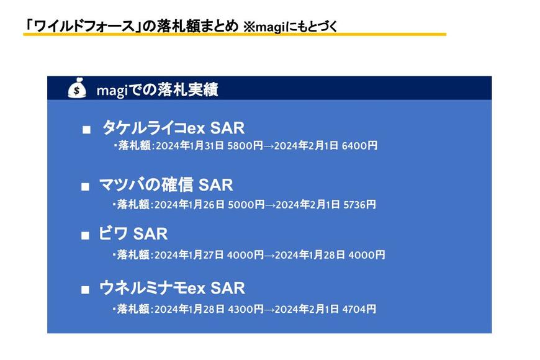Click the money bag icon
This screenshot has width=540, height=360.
[x=76, y=88]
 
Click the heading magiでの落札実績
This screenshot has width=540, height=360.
[x=158, y=90]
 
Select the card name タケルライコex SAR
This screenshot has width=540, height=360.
[x=174, y=128]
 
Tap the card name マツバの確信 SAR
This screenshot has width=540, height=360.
[x=166, y=184]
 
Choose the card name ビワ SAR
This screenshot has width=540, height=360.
[x=133, y=233]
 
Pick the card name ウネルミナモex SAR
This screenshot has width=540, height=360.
[x=172, y=287]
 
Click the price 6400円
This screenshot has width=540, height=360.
[x=359, y=146]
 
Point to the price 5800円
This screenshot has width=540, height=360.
[x=245, y=146]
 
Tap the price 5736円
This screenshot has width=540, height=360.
[x=359, y=205]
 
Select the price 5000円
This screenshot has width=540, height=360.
[x=246, y=205]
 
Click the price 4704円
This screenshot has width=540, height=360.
[x=359, y=309]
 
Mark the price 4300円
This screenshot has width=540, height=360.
[x=246, y=309]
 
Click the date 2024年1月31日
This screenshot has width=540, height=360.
[x=190, y=146]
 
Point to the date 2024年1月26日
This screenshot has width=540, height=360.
[x=190, y=205]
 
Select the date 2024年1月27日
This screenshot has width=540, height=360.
[x=189, y=255]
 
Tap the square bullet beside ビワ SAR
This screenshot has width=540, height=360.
[x=85, y=236]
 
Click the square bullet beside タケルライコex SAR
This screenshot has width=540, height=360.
[x=86, y=130]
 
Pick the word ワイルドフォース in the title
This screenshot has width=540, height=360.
[x=84, y=26]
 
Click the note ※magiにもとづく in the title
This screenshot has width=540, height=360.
[x=290, y=27]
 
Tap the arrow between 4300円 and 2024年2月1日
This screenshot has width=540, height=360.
[x=269, y=310]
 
